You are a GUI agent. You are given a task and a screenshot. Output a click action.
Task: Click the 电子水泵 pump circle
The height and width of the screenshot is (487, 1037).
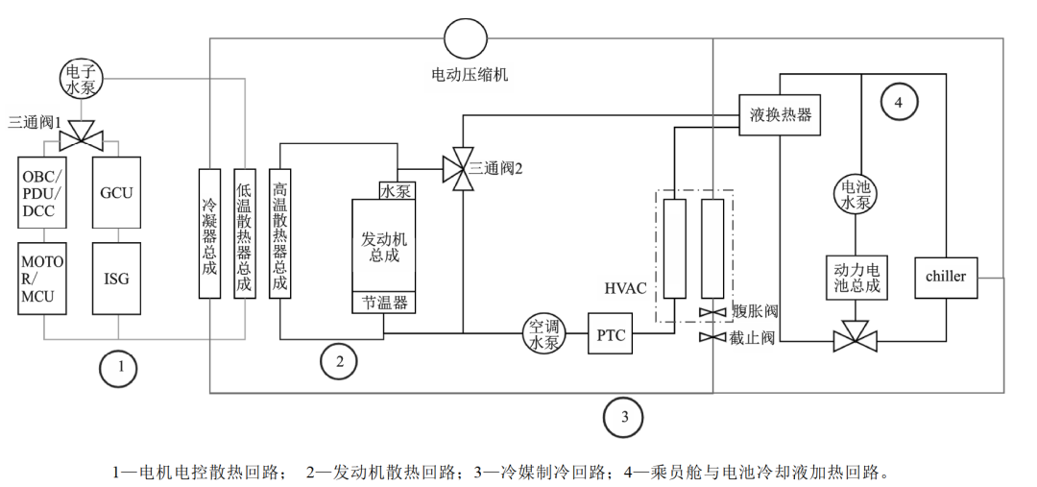click(x=81, y=79)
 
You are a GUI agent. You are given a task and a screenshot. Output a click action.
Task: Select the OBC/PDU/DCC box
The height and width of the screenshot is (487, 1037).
click(x=43, y=192)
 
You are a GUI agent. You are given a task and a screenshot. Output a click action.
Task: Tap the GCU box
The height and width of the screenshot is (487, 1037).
click(x=116, y=192)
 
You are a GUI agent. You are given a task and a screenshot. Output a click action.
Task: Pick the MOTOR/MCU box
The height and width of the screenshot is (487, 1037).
click(x=43, y=279)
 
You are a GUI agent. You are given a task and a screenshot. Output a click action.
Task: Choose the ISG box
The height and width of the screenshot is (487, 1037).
click(x=116, y=279)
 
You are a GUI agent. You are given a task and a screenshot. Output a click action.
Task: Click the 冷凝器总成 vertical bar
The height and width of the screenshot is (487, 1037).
click(x=209, y=232)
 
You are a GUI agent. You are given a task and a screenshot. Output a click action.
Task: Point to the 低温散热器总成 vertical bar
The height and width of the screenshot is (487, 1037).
click(x=245, y=232)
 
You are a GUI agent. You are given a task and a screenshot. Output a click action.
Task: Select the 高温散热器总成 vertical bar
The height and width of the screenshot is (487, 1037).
click(x=279, y=232)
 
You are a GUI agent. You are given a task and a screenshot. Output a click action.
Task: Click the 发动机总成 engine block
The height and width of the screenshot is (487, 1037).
click(x=383, y=246)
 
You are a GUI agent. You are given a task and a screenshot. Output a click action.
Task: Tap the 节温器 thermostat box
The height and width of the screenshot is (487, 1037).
click(x=383, y=303)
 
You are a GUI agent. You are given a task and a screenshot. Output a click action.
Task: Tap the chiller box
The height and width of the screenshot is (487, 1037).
click(x=946, y=278)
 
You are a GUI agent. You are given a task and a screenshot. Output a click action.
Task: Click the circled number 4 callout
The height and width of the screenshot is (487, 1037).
click(x=898, y=103)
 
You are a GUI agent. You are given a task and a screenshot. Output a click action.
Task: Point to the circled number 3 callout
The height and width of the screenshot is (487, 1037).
click(x=624, y=416)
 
